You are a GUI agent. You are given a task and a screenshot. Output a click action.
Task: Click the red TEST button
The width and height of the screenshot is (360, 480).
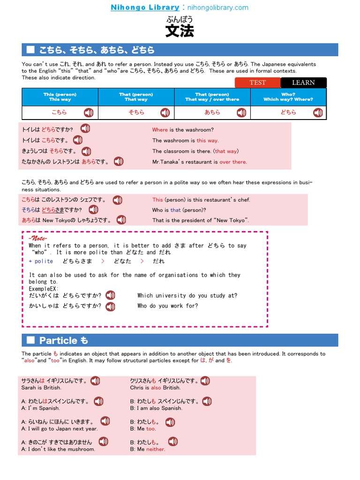(x=257, y=82)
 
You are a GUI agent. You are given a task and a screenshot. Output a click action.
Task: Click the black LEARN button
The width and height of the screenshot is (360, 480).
(x=303, y=82)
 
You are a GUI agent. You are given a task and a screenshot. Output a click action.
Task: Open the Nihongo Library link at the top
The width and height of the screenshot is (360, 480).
(x=145, y=7)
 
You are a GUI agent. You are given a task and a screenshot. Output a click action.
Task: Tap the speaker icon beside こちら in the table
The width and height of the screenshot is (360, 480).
(x=89, y=112)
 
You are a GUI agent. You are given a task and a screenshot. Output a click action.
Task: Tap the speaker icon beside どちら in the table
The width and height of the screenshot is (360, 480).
(x=318, y=112)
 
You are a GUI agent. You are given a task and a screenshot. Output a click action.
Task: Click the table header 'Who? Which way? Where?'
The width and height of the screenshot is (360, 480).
(x=288, y=97)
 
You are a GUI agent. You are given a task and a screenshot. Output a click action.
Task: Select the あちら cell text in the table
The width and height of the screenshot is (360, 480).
(x=212, y=112)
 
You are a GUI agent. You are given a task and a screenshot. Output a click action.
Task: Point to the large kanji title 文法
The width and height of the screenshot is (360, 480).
(x=180, y=31)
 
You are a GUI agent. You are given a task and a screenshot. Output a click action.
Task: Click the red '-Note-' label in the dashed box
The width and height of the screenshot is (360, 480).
(x=38, y=239)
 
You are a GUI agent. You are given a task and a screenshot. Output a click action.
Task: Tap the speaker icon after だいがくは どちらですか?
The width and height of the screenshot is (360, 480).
(x=110, y=295)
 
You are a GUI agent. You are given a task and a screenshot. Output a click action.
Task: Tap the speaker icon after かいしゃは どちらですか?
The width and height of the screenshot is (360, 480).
(x=110, y=307)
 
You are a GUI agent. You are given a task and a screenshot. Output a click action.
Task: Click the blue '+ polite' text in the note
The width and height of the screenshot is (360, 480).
(x=41, y=261)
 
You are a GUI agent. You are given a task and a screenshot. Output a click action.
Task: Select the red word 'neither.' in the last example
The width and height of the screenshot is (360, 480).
(x=156, y=449)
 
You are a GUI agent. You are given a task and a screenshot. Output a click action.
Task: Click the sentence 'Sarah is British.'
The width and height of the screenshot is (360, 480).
(x=41, y=388)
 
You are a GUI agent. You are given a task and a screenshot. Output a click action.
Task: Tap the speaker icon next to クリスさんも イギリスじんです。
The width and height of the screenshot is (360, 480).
(x=205, y=381)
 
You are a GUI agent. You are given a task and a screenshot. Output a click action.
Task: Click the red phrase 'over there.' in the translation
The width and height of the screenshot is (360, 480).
(x=233, y=162)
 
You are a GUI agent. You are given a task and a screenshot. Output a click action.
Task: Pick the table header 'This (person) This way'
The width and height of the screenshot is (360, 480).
(x=60, y=97)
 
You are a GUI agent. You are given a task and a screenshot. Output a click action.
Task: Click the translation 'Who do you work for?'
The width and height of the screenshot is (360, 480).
(x=167, y=306)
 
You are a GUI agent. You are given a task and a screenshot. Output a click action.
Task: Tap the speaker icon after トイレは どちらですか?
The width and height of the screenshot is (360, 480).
(x=85, y=128)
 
